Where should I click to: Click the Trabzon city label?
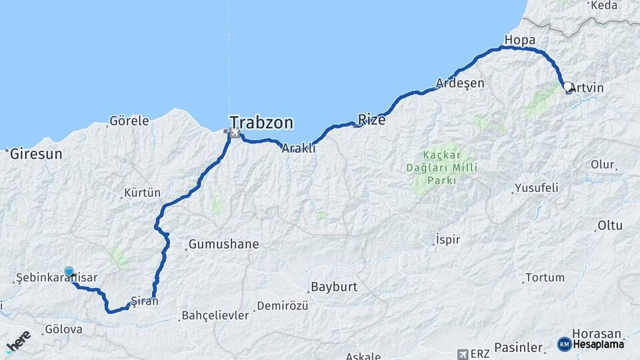[x=261, y=122]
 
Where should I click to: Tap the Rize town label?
[x=372, y=119]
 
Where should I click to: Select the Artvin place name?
[x=587, y=88]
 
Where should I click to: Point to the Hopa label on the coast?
[x=520, y=41]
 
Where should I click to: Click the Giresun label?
[x=36, y=154]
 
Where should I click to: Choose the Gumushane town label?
[x=223, y=245]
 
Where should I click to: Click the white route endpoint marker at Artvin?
[x=568, y=87]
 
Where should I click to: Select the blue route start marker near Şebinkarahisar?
[x=69, y=271]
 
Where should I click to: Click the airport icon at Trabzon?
[x=233, y=134]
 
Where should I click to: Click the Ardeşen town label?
[x=460, y=83]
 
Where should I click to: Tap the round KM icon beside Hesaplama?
[x=564, y=344]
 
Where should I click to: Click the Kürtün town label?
[x=142, y=193]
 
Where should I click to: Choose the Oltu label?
[x=609, y=226]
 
